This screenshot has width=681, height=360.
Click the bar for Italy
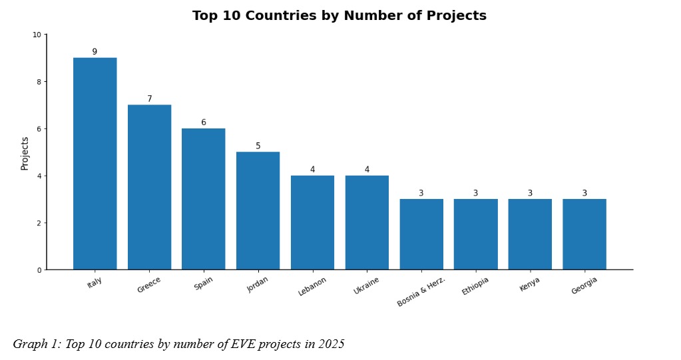95,164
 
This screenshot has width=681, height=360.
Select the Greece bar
149,187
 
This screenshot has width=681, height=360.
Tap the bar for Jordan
258,211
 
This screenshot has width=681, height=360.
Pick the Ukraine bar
367,222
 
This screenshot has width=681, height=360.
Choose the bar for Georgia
584,234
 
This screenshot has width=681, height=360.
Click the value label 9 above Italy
95,52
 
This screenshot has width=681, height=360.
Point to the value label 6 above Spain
204,122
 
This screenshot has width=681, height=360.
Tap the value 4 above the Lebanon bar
312,170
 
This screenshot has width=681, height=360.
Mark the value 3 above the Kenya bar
530,194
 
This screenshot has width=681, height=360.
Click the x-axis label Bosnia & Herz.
421,291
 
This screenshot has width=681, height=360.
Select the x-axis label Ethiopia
475,286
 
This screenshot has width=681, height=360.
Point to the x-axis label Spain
204,283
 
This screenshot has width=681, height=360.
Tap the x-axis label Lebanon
312,286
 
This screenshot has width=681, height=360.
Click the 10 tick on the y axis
36,35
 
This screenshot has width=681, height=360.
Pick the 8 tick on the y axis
39,82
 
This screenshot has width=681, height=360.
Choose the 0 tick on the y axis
39,270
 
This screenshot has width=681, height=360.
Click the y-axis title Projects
25,153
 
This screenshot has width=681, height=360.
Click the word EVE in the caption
250,344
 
